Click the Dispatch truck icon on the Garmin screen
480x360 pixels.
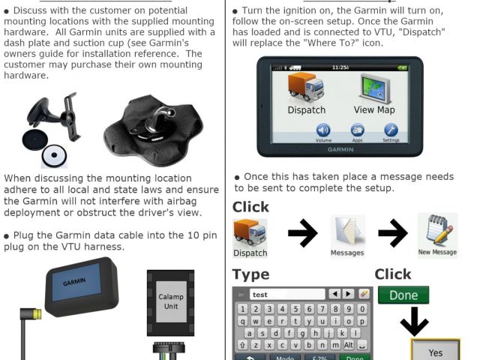305,87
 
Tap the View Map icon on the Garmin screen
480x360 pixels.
375,88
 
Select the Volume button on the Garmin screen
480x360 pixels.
323,130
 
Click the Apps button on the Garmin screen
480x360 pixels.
357,130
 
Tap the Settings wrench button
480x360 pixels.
391,130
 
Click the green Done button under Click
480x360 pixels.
403,295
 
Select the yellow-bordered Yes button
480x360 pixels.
435,350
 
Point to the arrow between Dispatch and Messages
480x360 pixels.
302,233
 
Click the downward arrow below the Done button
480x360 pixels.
414,322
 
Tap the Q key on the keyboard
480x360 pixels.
242,321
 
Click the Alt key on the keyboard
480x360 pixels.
348,345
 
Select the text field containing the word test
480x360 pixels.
287,295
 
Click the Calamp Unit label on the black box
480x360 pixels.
171,301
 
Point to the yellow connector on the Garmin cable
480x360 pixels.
37,314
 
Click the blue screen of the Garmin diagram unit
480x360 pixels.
76,282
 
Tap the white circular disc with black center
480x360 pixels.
54,155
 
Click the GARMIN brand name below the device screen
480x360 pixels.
340,149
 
